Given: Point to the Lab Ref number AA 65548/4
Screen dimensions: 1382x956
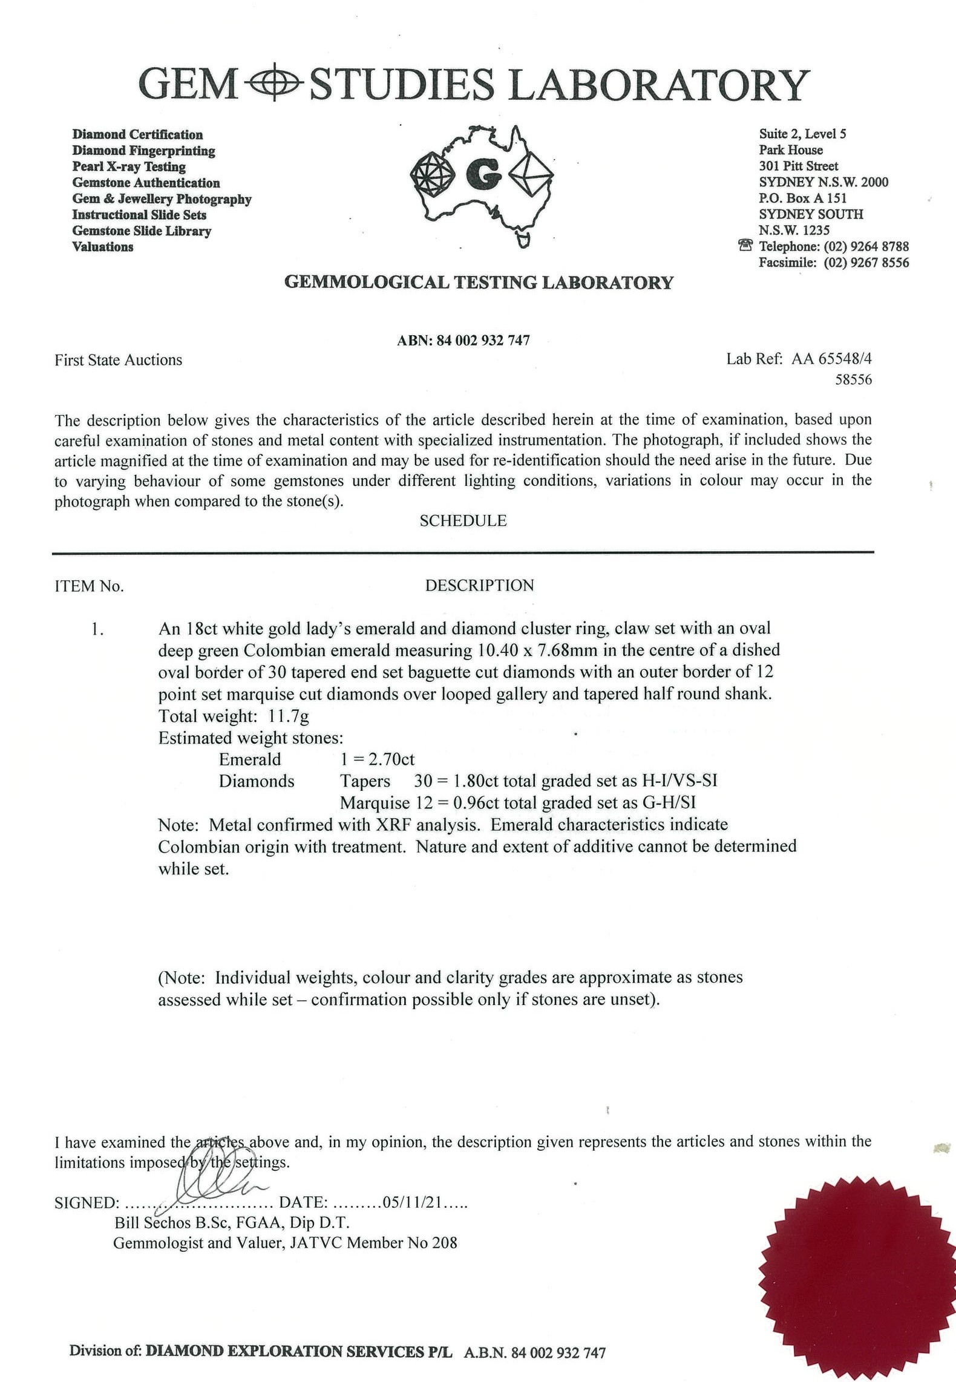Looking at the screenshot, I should pyautogui.click(x=831, y=359).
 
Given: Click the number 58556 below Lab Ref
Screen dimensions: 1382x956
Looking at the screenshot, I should pyautogui.click(x=853, y=380).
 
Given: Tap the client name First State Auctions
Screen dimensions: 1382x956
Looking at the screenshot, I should pyautogui.click(x=118, y=360).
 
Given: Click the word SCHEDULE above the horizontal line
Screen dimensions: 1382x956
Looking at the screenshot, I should pyautogui.click(x=463, y=521).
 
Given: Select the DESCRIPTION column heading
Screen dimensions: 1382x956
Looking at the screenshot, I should pyautogui.click(x=479, y=586).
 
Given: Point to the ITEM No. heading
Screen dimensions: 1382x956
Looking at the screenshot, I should pyautogui.click(x=89, y=586).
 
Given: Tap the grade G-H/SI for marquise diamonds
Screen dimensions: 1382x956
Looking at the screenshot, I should pyautogui.click(x=669, y=803).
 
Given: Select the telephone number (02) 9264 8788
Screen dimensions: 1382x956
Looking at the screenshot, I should pyautogui.click(x=866, y=246).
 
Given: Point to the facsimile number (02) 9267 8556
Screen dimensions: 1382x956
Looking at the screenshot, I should pyautogui.click(x=866, y=263).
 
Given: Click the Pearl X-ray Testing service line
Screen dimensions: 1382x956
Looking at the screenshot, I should pyautogui.click(x=129, y=167).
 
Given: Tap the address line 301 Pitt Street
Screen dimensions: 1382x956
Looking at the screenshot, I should pyautogui.click(x=799, y=166).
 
